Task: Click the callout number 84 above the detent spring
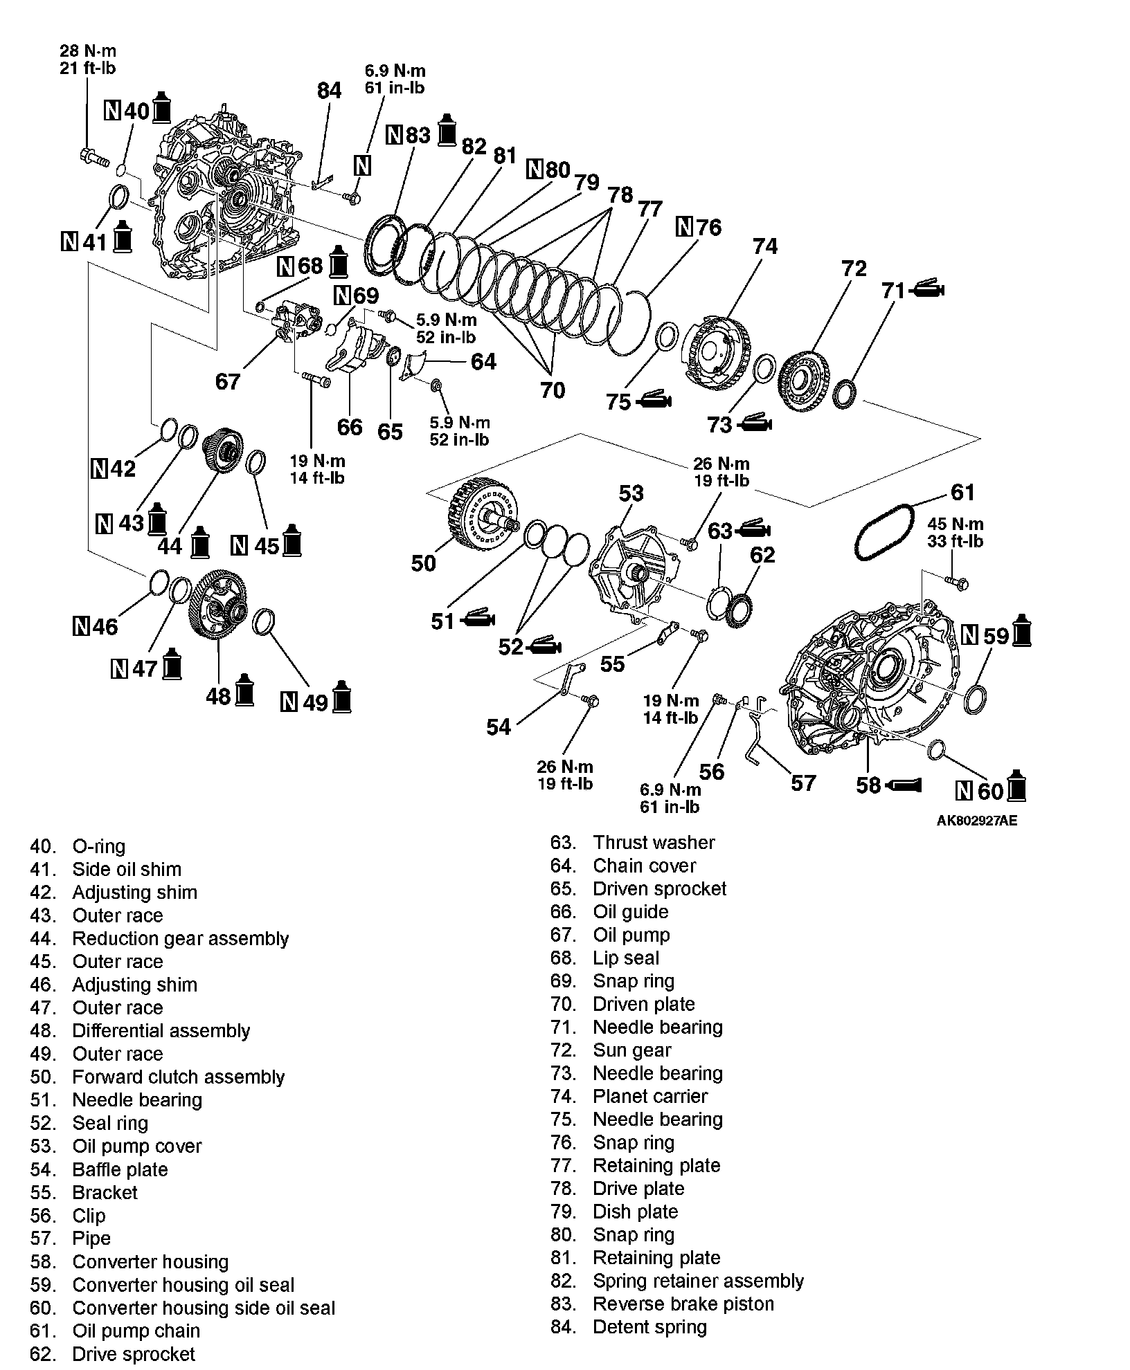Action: pyautogui.click(x=329, y=91)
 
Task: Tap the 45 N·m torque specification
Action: pyautogui.click(x=955, y=533)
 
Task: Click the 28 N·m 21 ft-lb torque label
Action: pyautogui.click(x=87, y=59)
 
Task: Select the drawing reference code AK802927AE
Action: pyautogui.click(x=976, y=821)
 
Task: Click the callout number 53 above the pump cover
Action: pyautogui.click(x=631, y=493)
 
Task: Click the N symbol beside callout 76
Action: pyautogui.click(x=684, y=226)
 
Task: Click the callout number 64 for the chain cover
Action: pyautogui.click(x=483, y=361)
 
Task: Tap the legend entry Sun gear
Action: pyautogui.click(x=611, y=1050)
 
